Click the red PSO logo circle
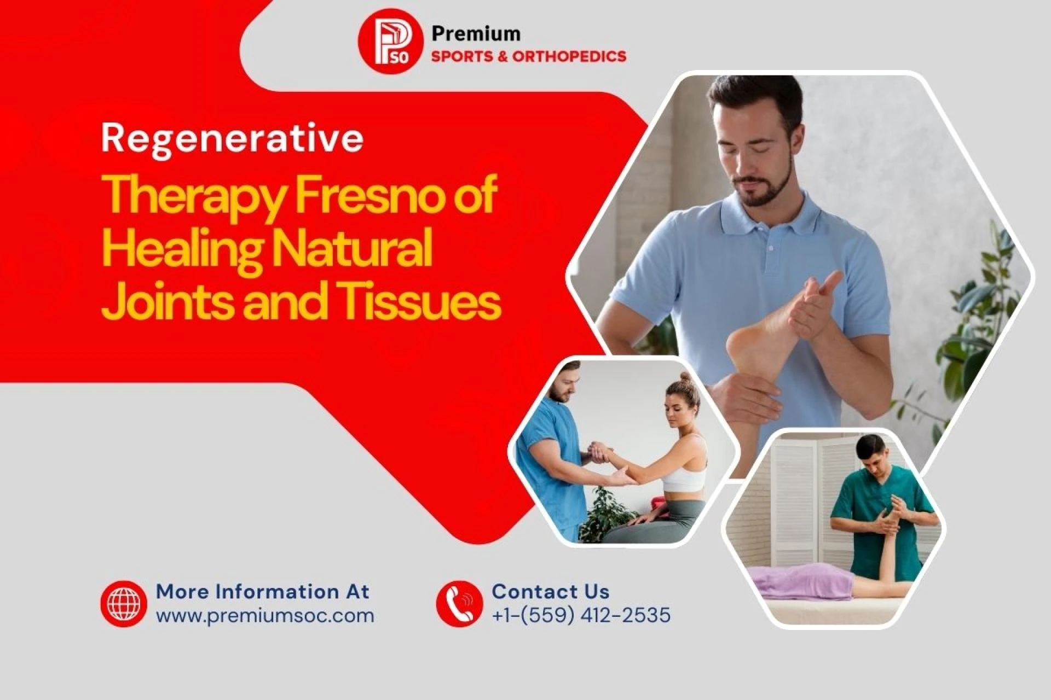[x=390, y=42]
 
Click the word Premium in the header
[x=476, y=34]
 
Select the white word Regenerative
[x=232, y=139]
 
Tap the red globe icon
[x=124, y=604]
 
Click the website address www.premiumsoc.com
[x=265, y=616]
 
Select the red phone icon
[x=459, y=604]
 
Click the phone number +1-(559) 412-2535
[x=581, y=615]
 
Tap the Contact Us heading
[x=550, y=592]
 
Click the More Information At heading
[x=263, y=592]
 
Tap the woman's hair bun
[x=686, y=378]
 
